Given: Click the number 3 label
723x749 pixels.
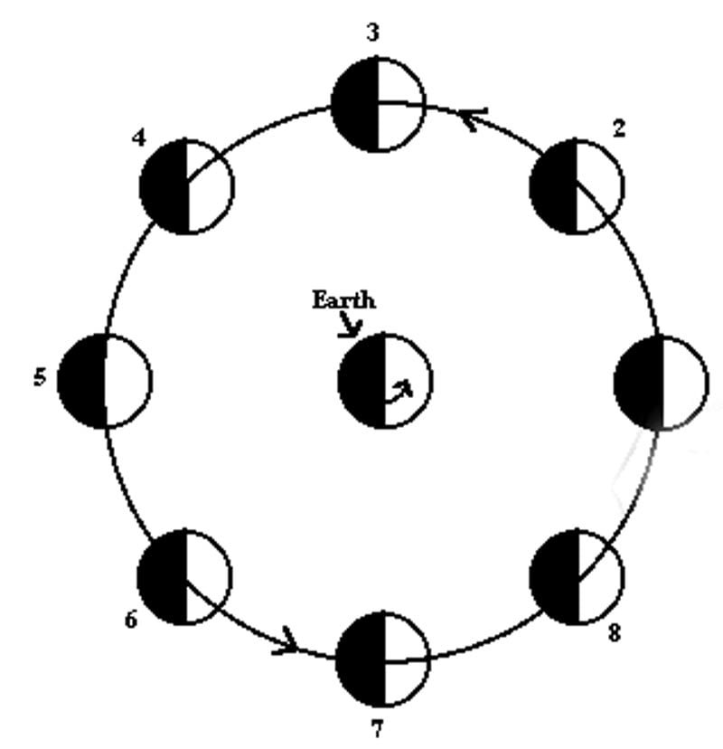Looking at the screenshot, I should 372,33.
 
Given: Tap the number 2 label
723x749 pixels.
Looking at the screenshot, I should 618,128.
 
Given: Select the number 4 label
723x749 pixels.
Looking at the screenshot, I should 138,138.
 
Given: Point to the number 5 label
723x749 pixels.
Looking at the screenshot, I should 39,377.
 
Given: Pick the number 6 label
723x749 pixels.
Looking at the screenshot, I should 131,621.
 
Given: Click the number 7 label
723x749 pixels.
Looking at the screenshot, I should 377,728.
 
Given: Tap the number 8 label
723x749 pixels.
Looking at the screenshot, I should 614,632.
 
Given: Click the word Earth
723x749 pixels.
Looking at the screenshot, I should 343,300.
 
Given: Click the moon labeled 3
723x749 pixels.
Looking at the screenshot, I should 378,105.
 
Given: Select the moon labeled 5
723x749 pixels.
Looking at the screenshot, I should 105,380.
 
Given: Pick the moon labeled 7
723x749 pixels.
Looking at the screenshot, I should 382,659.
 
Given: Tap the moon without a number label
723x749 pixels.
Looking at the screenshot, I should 661,382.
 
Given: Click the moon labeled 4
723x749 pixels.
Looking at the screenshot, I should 187,186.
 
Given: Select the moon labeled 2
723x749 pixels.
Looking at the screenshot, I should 577,186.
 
